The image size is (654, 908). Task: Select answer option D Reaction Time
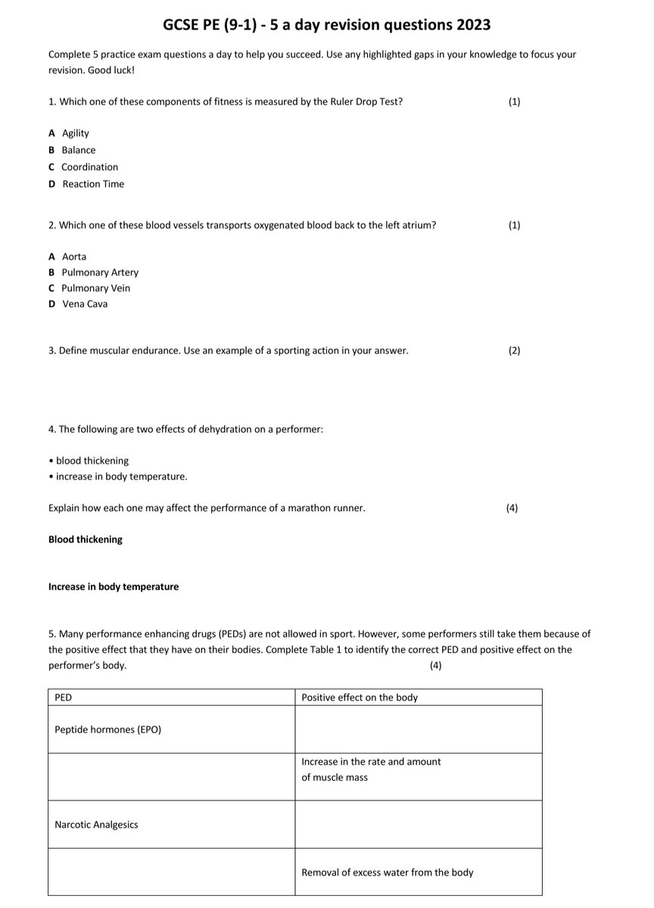tap(92, 184)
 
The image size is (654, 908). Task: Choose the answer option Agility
tap(75, 133)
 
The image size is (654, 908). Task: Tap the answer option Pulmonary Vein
tap(95, 288)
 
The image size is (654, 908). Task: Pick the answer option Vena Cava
tap(85, 304)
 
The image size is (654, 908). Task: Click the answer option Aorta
tap(73, 257)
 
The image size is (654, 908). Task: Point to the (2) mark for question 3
tap(514, 351)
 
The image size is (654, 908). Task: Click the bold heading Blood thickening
tap(85, 540)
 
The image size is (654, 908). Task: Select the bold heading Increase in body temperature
tap(114, 586)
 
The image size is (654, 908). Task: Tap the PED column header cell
tap(171, 697)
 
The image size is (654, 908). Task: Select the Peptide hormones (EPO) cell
tap(107, 729)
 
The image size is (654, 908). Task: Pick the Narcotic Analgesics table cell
tap(96, 825)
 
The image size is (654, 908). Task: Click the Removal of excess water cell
tap(387, 872)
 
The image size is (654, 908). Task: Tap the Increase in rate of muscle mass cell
tap(371, 770)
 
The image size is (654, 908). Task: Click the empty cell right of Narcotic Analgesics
tap(418, 825)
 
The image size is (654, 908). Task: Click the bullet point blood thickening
tap(91, 461)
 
